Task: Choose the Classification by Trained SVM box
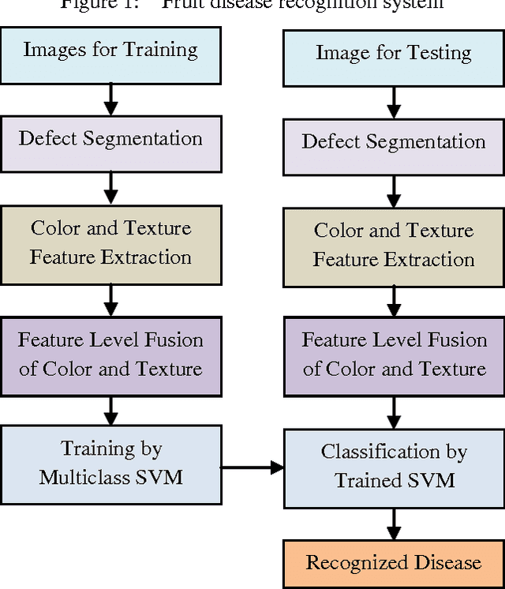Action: [x=393, y=466]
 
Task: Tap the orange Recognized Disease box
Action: [x=393, y=564]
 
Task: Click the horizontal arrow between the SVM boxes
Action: [x=251, y=467]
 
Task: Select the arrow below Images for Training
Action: [x=110, y=96]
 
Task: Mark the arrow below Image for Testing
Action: [x=393, y=100]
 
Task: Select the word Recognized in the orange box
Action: [x=351, y=563]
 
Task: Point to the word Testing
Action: [x=436, y=54]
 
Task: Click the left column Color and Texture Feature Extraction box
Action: [x=110, y=242]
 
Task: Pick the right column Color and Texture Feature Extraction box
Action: [x=393, y=245]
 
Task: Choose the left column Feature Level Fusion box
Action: [x=110, y=355]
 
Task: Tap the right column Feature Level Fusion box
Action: [x=393, y=355]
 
